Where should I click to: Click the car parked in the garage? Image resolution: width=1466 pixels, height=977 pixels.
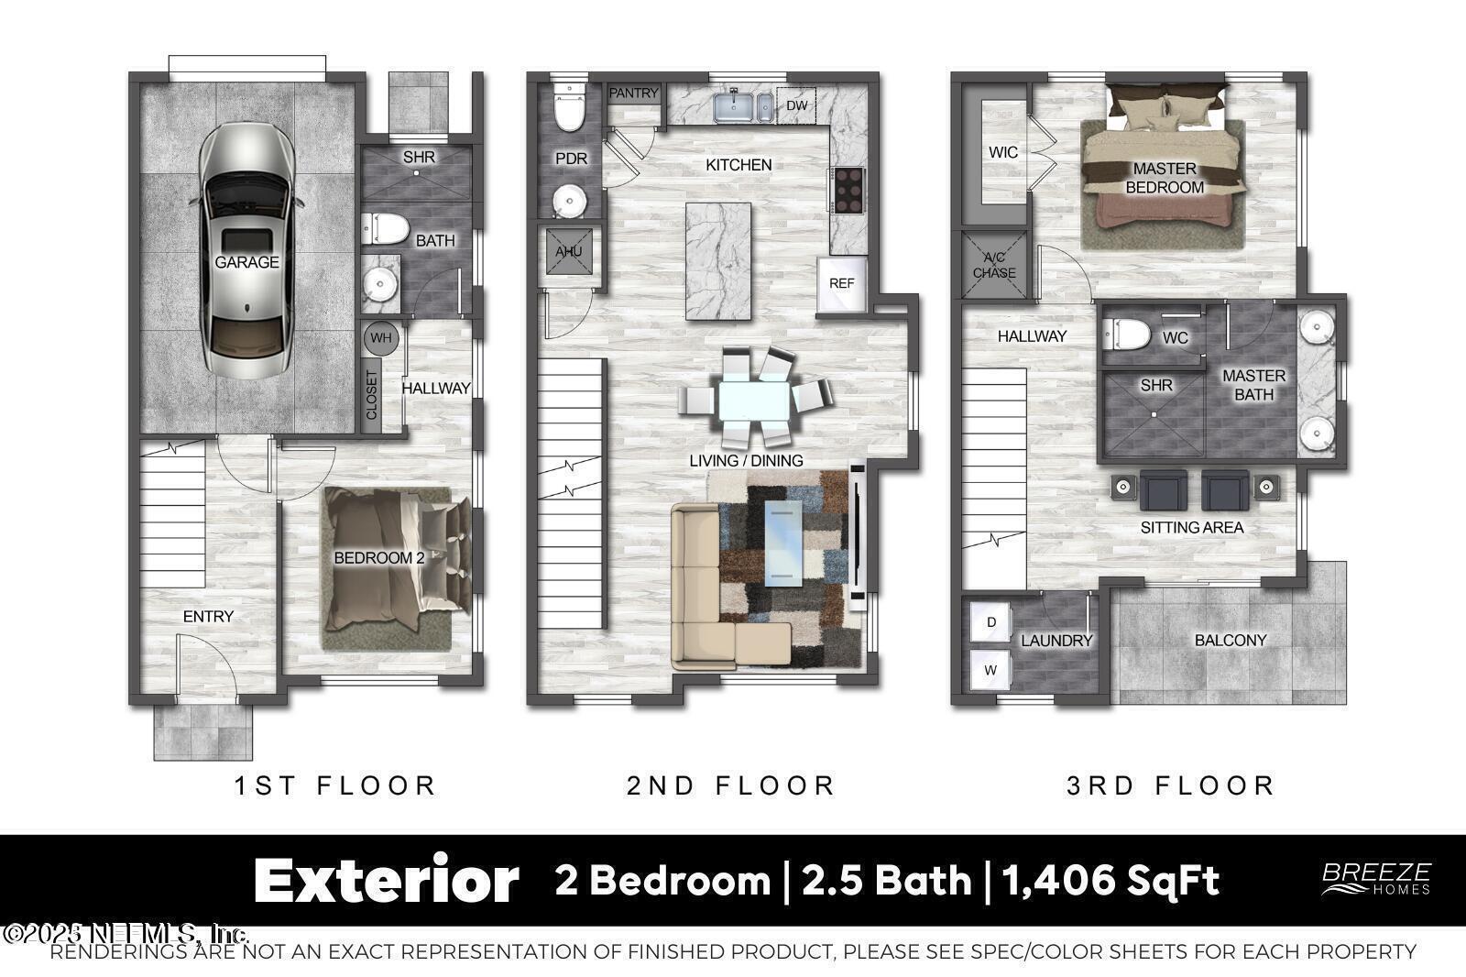246,252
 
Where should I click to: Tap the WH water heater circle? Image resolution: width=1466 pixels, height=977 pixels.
380,338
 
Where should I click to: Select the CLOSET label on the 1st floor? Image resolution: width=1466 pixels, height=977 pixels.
372,395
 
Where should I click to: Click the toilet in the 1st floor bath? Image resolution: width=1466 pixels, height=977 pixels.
385,228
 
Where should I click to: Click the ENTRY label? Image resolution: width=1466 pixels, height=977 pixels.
208,617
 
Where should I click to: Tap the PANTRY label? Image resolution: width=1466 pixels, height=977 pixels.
633,93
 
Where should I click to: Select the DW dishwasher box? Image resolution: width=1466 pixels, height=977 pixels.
796,105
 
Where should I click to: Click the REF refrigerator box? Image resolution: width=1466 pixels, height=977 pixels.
841,283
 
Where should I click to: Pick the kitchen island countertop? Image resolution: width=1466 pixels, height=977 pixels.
718,260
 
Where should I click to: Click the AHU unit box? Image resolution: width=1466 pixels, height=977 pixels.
569,251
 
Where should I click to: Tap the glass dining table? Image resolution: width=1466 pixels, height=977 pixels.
753,400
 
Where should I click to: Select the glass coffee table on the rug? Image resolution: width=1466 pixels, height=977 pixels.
783,541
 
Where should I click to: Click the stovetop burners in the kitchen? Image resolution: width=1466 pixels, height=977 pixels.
848,189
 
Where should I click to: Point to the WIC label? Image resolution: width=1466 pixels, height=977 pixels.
1002,152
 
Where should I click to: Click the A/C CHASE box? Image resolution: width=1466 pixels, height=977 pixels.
994,266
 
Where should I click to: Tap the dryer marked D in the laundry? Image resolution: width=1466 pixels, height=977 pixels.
990,622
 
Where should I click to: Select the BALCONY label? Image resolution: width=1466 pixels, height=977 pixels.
1230,641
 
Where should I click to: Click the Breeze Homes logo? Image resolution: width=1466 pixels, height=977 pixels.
1375,878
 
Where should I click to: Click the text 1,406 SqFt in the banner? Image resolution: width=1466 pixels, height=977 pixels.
1110,881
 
